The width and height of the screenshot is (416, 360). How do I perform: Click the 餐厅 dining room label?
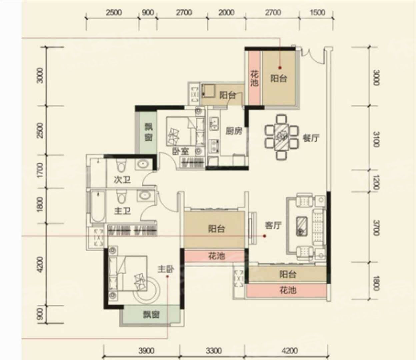(x=311, y=138)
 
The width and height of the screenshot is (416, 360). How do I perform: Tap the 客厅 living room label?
(x=273, y=225)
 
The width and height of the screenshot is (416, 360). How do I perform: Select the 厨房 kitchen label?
(x=234, y=131)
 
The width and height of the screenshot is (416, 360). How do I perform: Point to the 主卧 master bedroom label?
(x=166, y=269)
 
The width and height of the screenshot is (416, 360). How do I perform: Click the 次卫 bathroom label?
(x=122, y=180)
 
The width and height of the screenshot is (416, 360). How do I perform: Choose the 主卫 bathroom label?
(x=122, y=211)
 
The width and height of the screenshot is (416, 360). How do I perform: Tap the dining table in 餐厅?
(x=281, y=137)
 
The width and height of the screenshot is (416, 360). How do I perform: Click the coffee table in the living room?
(x=302, y=226)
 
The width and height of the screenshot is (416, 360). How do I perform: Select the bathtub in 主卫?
(x=98, y=207)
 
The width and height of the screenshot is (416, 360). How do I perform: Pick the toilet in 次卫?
(x=121, y=165)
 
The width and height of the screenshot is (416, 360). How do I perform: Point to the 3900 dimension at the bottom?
(x=146, y=351)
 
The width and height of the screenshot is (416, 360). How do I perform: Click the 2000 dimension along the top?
(x=226, y=13)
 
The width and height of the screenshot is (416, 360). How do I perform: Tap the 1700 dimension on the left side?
(x=40, y=170)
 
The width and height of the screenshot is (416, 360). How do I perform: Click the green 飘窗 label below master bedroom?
(x=151, y=315)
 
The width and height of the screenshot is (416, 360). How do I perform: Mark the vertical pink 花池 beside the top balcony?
(x=254, y=78)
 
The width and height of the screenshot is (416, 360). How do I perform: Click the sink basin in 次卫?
(x=143, y=164)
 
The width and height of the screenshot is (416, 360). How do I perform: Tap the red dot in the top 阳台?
(x=280, y=68)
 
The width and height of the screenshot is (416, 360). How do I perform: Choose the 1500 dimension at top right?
(x=318, y=13)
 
